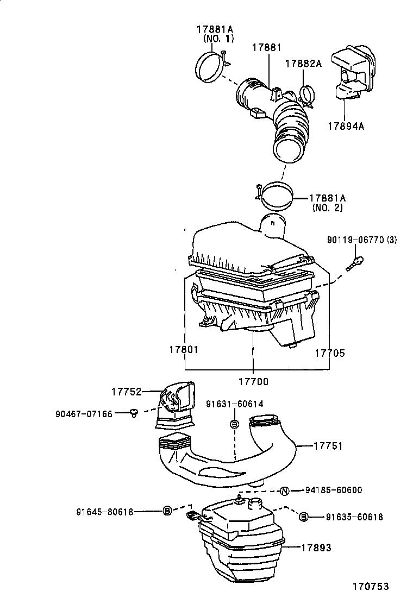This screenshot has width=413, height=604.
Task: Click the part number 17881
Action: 266,48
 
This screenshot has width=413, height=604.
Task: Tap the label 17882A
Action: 304,64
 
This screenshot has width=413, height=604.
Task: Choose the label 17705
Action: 330,353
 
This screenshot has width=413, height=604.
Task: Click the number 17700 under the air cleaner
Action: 253,381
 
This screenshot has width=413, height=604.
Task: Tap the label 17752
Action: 126,392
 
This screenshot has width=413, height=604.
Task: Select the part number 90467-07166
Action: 84,414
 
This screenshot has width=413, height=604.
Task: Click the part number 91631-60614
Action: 235,404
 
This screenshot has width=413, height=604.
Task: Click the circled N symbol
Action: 284,491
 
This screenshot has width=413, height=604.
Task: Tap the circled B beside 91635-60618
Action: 303,517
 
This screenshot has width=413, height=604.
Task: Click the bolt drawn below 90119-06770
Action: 356,264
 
